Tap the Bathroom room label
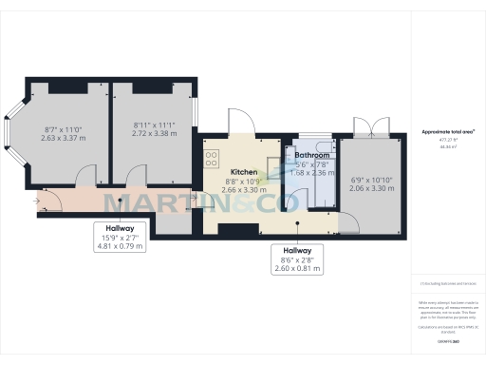(311, 155)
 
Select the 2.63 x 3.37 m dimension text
(64, 138)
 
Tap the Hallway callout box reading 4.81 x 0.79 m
(120, 237)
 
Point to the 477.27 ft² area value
(447, 140)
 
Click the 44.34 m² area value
(447, 147)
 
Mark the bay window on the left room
(10, 136)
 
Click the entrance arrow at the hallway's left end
(37, 201)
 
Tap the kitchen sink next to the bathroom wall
(274, 156)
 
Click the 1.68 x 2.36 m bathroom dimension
(311, 173)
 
